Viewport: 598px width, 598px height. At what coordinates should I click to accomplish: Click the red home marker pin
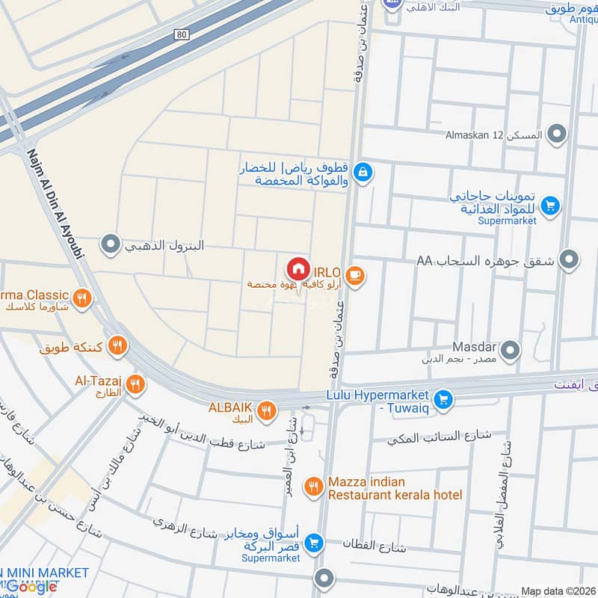pos(298,268)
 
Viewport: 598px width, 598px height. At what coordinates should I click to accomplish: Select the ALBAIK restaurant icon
pos(266,410)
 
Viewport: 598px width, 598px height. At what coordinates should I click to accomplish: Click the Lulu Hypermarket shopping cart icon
pos(443,400)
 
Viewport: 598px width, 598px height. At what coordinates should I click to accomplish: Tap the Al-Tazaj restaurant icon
pos(135,384)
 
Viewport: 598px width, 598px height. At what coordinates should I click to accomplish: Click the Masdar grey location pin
pos(511,350)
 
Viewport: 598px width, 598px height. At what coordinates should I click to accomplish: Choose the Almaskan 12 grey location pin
pos(556,135)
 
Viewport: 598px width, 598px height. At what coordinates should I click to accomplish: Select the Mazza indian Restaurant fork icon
pos(313,487)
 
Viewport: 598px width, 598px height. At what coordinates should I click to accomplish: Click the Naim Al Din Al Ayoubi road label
pos(55,202)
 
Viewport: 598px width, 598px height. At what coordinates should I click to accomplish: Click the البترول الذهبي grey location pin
pos(111,244)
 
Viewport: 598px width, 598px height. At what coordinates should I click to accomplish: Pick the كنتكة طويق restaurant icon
pos(117,345)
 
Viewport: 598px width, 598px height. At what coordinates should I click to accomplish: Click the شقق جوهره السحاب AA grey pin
pos(570,260)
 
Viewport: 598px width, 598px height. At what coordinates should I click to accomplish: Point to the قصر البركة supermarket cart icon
pos(314,543)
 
